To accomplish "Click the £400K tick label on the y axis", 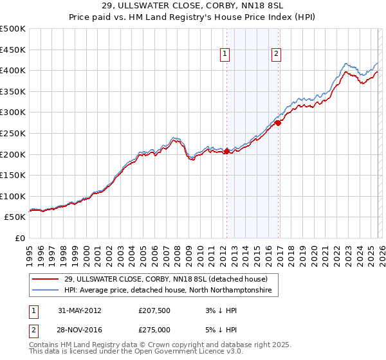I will tap(13, 71).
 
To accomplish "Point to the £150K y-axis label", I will tap(13, 175).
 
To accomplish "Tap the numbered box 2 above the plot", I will tap(277, 55).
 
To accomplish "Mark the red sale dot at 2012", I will tap(226, 151).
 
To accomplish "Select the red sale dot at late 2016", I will tap(277, 122).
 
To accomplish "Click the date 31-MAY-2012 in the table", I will tap(79, 310).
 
